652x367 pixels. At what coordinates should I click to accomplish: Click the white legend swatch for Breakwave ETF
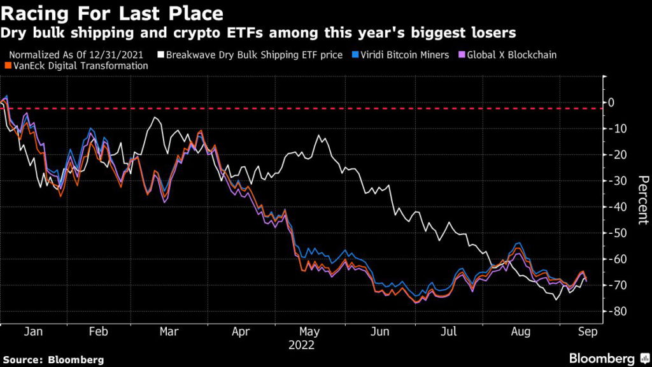tap(161, 55)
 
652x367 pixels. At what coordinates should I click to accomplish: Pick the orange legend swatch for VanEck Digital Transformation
tap(6, 66)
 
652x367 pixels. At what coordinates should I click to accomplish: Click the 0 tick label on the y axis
tap(612, 102)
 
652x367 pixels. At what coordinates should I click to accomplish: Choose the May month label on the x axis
tap(309, 332)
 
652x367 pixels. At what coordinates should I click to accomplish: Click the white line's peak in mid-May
tap(319, 136)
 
